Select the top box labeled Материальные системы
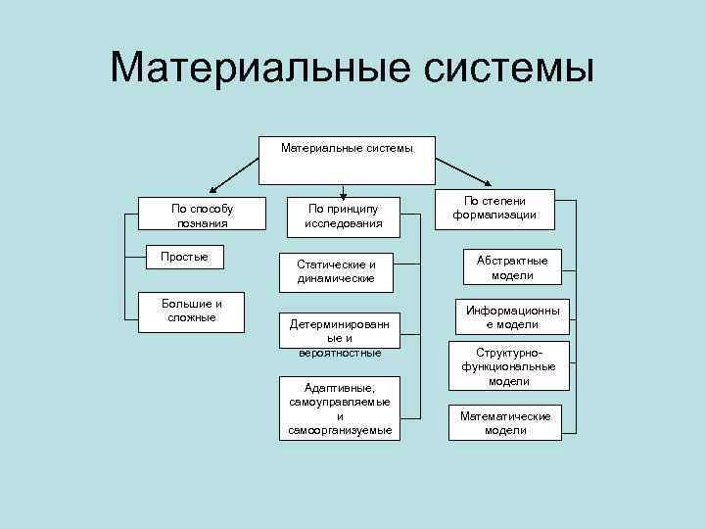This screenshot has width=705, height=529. pos(347,160)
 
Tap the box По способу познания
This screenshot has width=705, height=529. pos(203,215)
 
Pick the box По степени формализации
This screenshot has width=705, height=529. pos(494,208)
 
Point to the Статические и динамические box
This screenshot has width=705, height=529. pos(337,271)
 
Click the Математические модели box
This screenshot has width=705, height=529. pos(505,422)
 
